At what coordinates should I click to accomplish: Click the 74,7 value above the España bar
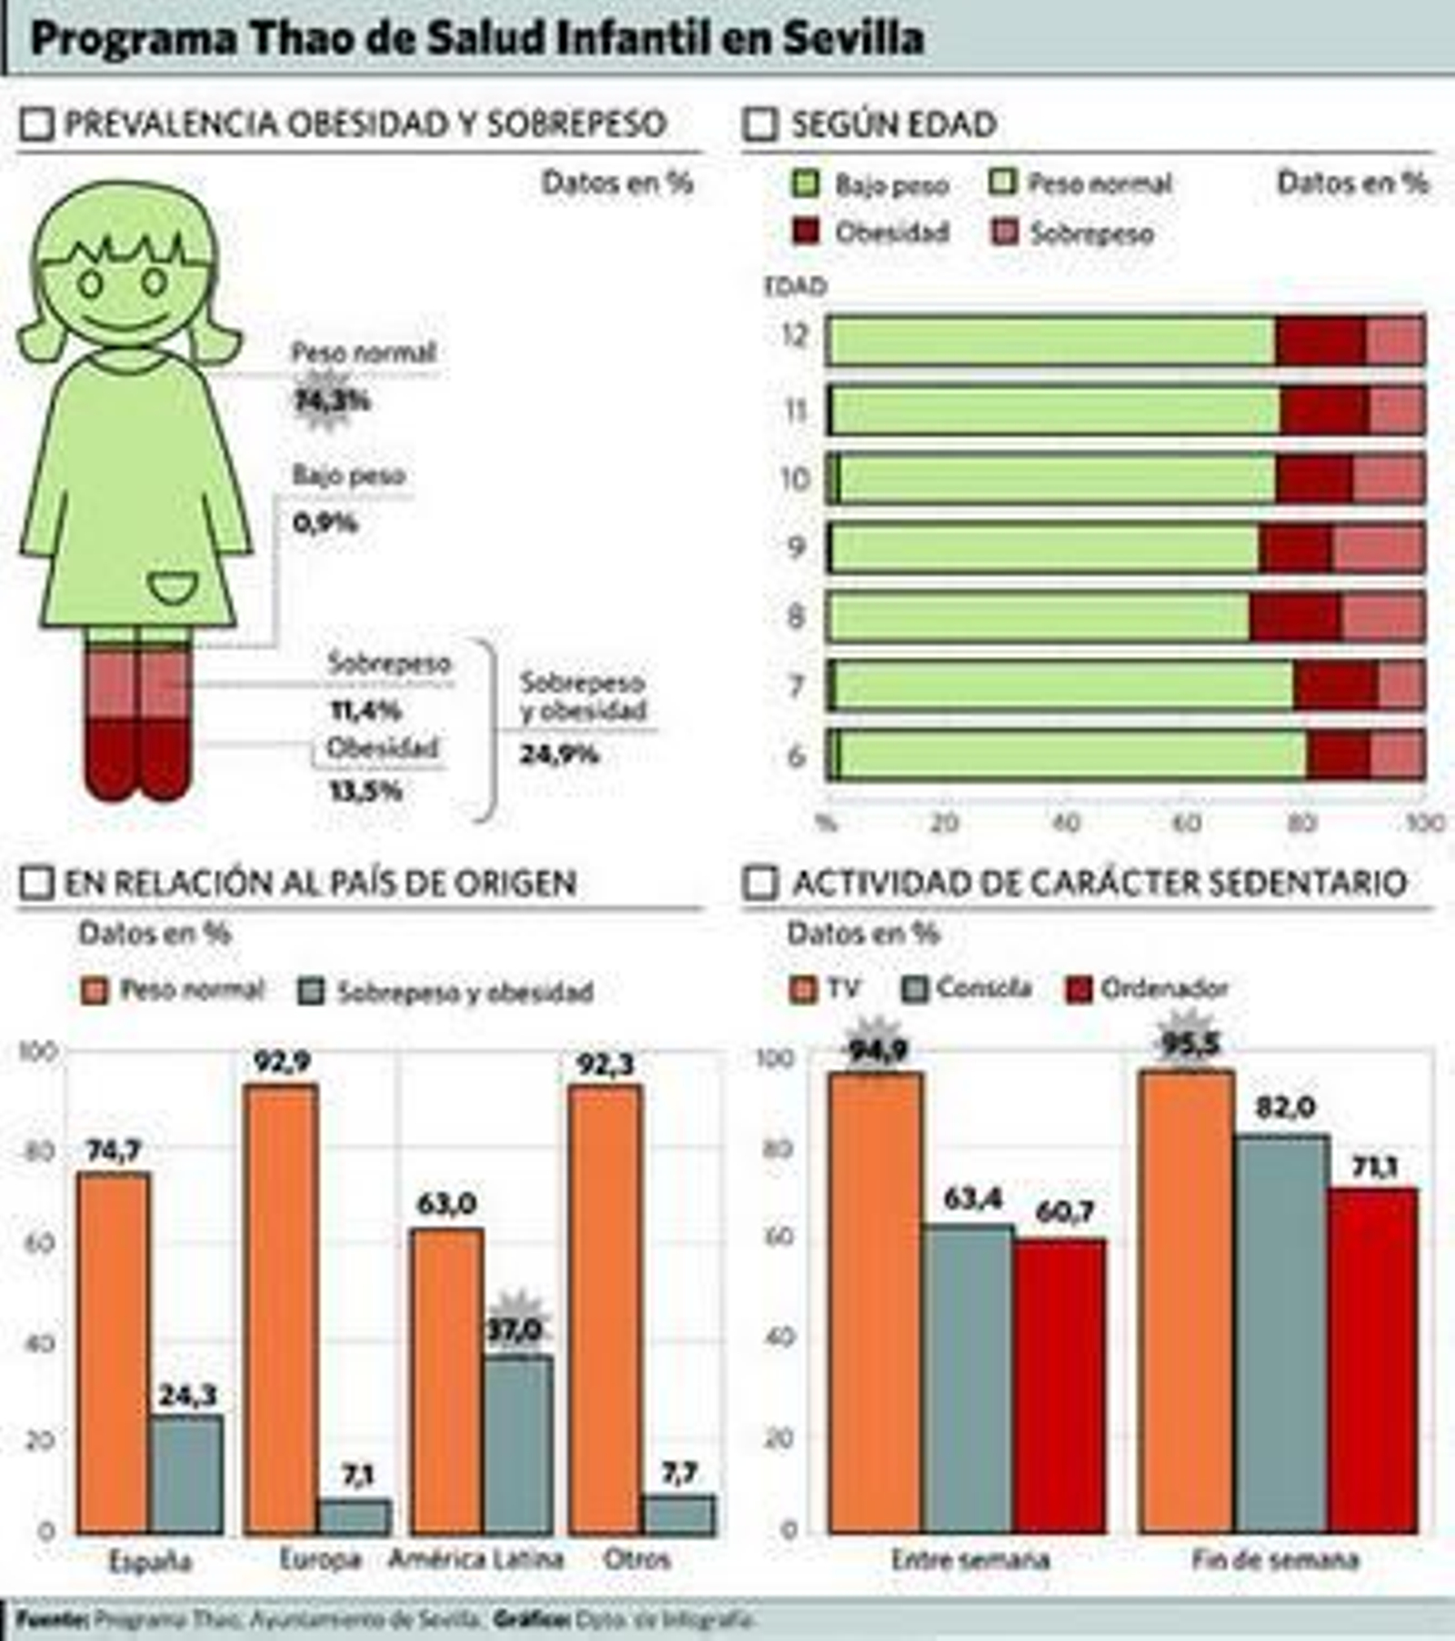click(114, 1151)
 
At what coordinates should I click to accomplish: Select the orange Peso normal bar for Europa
click(281, 1309)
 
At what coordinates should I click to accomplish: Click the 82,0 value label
click(1284, 1107)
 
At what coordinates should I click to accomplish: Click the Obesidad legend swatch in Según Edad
click(806, 233)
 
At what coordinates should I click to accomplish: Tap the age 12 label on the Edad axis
click(795, 335)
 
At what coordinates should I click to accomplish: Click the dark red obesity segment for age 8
click(1294, 617)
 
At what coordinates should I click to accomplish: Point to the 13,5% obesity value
click(366, 791)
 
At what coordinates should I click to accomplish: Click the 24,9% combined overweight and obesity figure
click(559, 754)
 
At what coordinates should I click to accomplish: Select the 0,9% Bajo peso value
click(326, 523)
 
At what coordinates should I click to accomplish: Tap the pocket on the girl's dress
click(172, 587)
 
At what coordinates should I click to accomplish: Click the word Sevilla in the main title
click(853, 38)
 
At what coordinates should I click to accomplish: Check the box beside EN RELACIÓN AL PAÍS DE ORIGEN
click(36, 883)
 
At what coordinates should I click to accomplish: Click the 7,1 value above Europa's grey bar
click(357, 1474)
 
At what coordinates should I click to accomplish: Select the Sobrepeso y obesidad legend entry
click(447, 992)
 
